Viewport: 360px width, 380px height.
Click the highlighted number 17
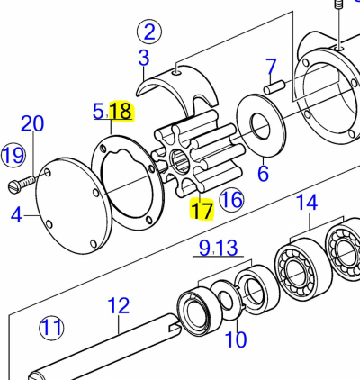[x=202, y=211]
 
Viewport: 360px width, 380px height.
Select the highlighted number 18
[x=121, y=111]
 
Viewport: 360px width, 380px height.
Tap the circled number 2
[x=149, y=32]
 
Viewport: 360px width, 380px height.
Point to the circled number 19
[x=13, y=155]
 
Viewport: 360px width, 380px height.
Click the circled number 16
[x=231, y=200]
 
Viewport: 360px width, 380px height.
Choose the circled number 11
[x=51, y=328]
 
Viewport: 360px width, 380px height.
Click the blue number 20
[x=32, y=123]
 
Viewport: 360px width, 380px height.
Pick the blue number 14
[x=307, y=202]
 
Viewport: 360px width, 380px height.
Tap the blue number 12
[x=119, y=305]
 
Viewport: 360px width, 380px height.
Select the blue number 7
[x=271, y=66]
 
